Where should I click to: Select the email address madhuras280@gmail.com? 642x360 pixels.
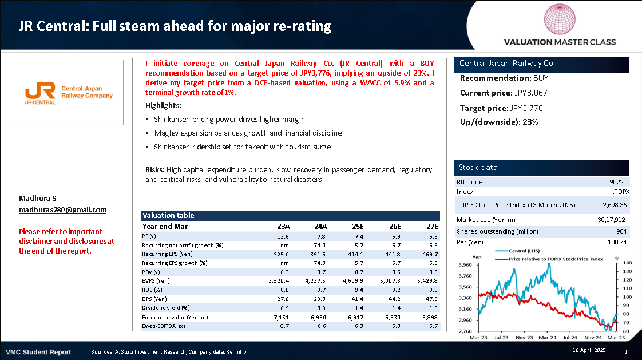point(63,209)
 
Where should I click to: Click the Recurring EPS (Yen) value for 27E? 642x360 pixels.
point(429,254)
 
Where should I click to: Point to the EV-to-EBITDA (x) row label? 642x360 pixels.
point(164,326)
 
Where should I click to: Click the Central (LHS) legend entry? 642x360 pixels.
point(525,251)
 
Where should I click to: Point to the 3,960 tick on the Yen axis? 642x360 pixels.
point(465,265)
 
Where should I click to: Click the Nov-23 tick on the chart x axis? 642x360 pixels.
point(525,338)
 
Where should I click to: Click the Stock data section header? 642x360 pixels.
point(478,167)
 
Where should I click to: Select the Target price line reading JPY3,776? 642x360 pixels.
point(501,108)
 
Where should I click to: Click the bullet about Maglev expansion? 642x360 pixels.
point(248,133)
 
